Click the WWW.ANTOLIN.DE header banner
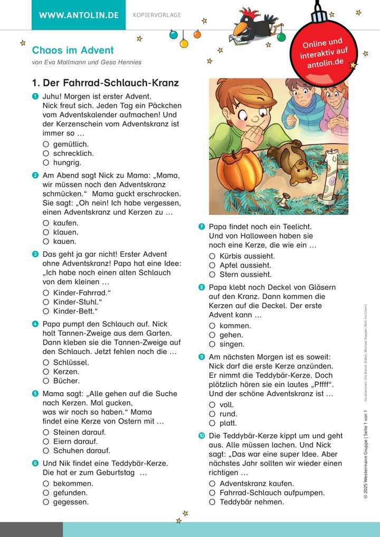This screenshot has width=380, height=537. [x=79, y=15]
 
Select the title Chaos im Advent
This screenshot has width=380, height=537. [x=73, y=51]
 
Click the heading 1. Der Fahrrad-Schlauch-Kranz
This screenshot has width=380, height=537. [x=106, y=83]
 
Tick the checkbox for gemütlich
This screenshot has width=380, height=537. [x=46, y=144]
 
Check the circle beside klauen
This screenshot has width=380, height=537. [x=46, y=232]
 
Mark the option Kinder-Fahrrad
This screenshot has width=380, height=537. [x=46, y=292]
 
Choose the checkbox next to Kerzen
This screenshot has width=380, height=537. [x=46, y=372]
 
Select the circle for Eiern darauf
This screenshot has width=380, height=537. [x=46, y=442]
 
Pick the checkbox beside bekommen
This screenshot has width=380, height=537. [x=46, y=483]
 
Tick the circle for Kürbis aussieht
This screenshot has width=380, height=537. [x=212, y=256]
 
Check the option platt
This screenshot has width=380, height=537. [x=212, y=423]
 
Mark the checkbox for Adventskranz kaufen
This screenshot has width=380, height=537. [x=212, y=483]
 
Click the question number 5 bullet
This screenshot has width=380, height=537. [x=35, y=394]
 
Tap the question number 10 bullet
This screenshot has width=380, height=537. [x=202, y=436]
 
